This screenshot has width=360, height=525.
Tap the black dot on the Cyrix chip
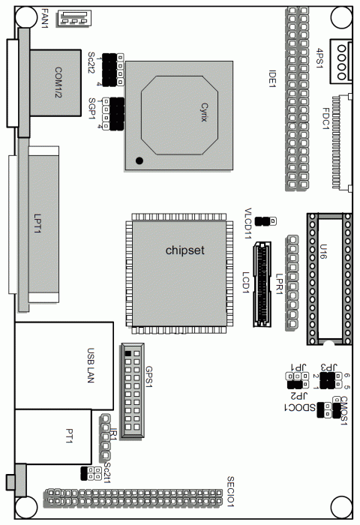click(x=139, y=160)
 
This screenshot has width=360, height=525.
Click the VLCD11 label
click(x=247, y=222)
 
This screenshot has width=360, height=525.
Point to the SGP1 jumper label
click(x=91, y=109)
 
